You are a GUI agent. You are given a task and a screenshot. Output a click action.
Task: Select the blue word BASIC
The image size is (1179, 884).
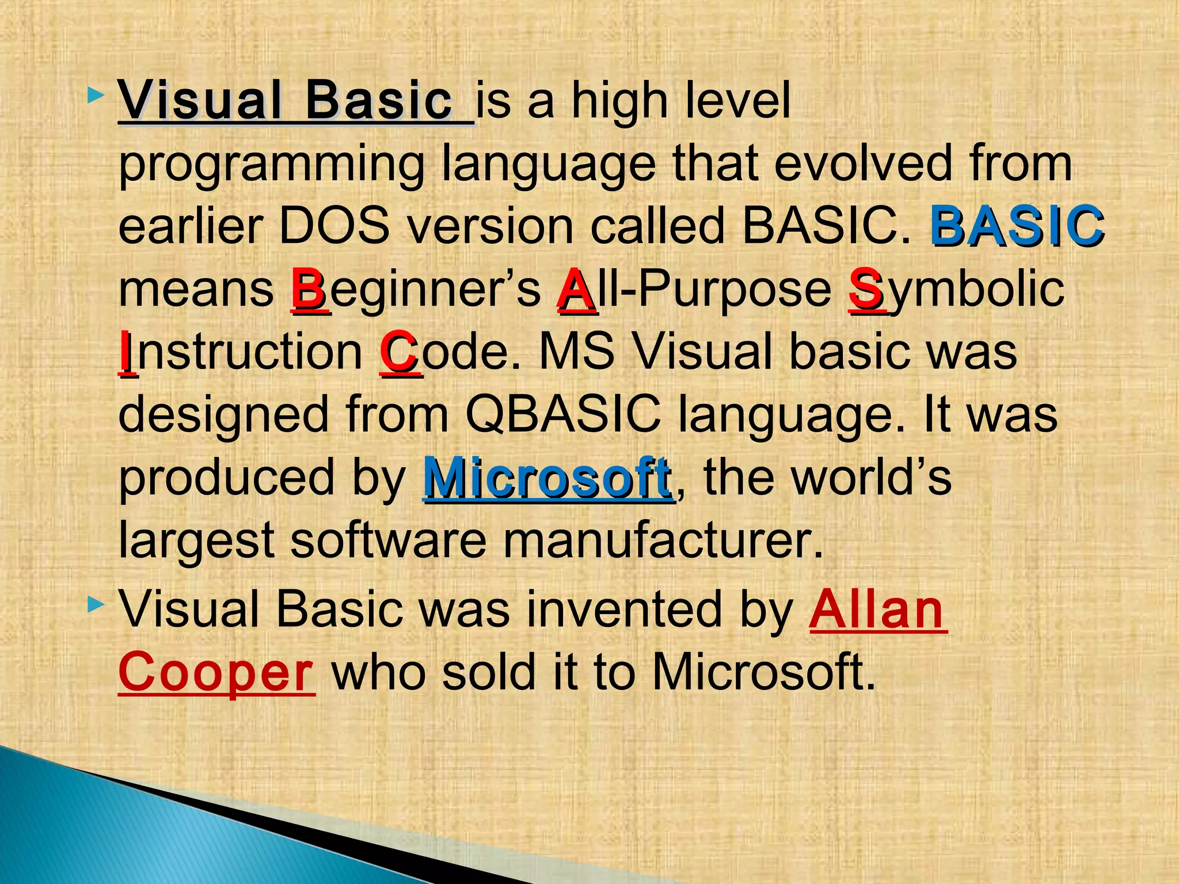pos(1016,226)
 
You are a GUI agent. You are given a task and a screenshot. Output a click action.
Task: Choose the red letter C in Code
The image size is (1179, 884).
pos(399,352)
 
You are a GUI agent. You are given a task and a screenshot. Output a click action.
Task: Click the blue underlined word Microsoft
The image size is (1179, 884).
pos(547,478)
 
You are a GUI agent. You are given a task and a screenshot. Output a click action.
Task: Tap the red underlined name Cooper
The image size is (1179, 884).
pos(216,672)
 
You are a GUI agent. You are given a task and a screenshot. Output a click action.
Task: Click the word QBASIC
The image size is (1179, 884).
pos(563,414)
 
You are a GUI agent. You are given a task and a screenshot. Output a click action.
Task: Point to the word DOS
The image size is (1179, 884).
pos(334,226)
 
